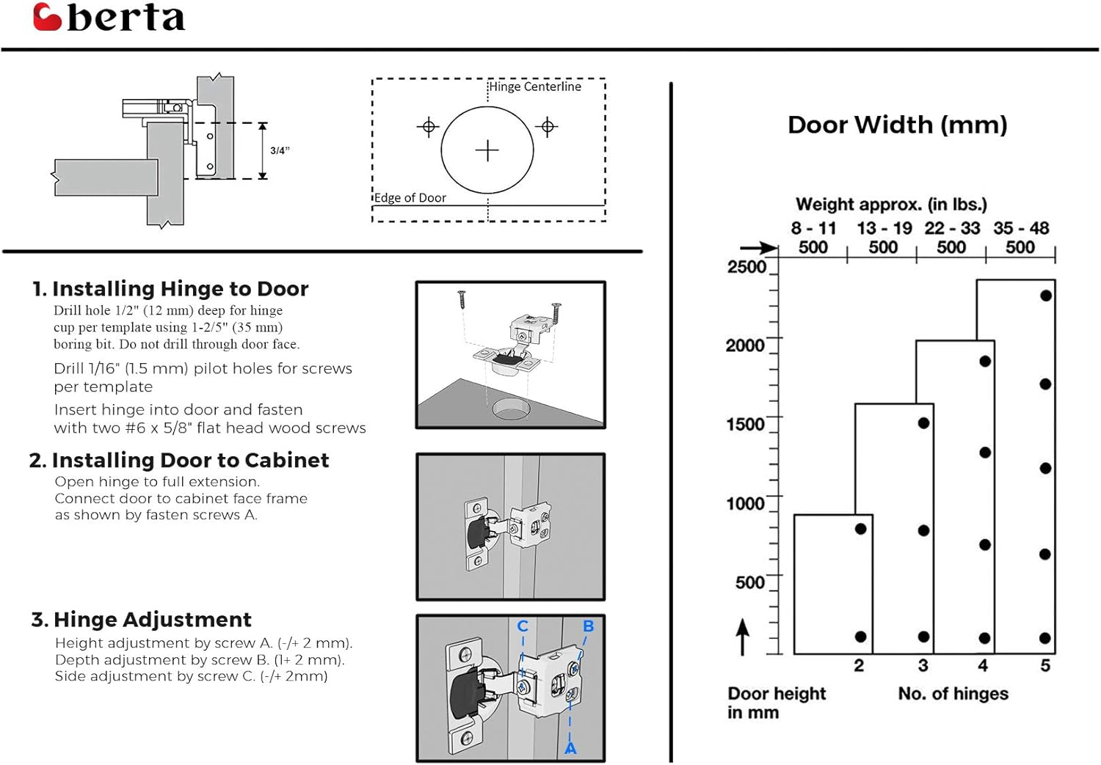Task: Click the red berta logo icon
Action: [x=47, y=17]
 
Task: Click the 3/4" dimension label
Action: [x=280, y=150]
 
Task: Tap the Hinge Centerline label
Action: [x=535, y=87]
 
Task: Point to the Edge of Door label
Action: [x=410, y=197]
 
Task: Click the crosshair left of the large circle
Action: [x=428, y=127]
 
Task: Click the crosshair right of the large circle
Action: [x=547, y=127]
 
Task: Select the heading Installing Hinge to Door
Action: [x=180, y=288]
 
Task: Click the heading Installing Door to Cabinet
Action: [x=189, y=460]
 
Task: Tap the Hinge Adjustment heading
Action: [x=152, y=620]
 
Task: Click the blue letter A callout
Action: [x=570, y=749]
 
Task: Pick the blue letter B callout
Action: [x=588, y=626]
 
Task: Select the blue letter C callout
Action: [x=523, y=626]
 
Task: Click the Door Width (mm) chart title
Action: [x=897, y=125]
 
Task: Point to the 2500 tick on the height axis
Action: [x=746, y=266]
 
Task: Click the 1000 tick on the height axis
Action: [x=745, y=503]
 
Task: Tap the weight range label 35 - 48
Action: [x=1021, y=228]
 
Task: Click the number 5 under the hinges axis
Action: [x=1045, y=665]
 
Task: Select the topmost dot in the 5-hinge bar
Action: [x=1046, y=296]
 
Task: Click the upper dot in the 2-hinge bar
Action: [x=860, y=529]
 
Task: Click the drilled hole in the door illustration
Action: [x=510, y=409]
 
